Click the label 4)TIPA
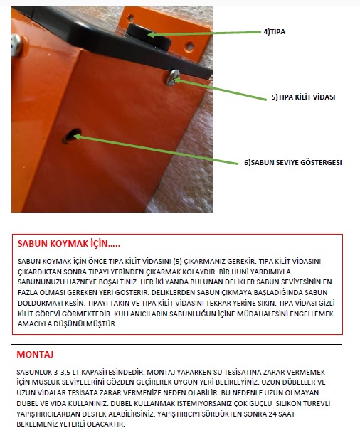click(274, 32)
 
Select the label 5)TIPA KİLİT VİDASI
click(303, 97)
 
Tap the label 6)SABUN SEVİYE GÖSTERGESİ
click(293, 162)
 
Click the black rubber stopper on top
click(148, 36)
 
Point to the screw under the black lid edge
click(173, 77)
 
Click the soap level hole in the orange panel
click(72, 136)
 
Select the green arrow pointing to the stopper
click(204, 33)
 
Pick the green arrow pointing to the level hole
click(156, 149)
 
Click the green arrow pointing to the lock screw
click(220, 90)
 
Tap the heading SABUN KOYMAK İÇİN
click(68, 243)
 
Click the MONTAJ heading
click(35, 354)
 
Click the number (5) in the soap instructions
click(177, 261)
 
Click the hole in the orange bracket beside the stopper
click(189, 46)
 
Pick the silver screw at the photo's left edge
click(16, 45)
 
